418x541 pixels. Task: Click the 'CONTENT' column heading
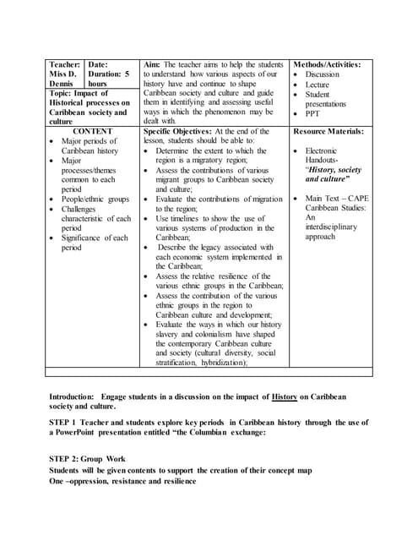pyautogui.click(x=93, y=132)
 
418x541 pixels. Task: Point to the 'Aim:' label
pyautogui.click(x=153, y=64)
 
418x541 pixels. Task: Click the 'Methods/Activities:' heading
pyautogui.click(x=327, y=64)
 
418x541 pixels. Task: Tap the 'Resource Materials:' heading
pyautogui.click(x=328, y=132)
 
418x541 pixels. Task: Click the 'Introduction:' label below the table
pyautogui.click(x=73, y=396)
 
